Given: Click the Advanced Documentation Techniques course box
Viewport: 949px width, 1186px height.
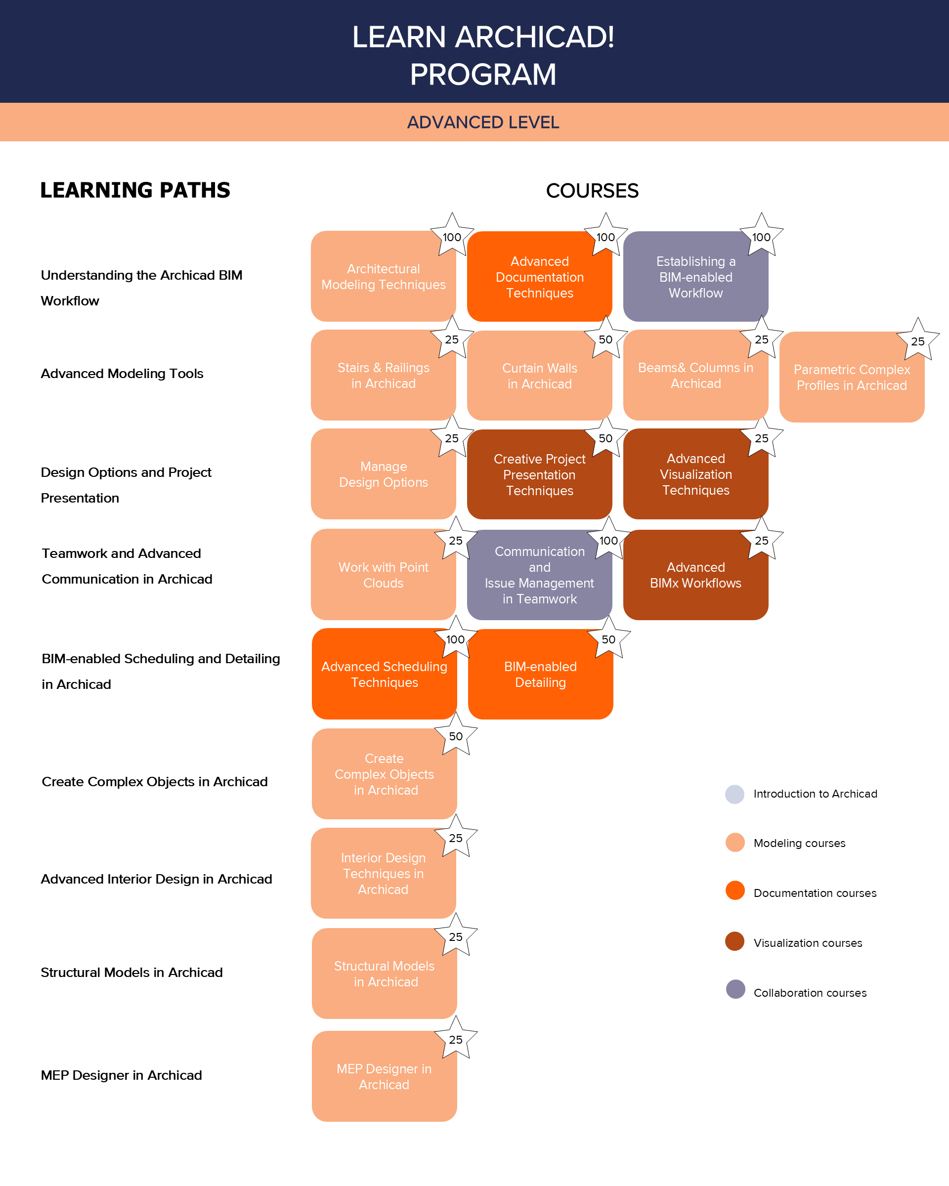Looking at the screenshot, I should pos(539,277).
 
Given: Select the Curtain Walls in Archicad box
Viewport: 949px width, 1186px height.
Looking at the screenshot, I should pos(539,376).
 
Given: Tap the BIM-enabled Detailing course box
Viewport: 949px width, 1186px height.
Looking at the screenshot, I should pos(540,675).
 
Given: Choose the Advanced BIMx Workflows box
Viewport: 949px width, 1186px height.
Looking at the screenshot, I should pos(695,575).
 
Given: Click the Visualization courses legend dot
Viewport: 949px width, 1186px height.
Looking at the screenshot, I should pos(734,942).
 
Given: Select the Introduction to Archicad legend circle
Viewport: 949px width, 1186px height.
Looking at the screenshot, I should pos(734,794).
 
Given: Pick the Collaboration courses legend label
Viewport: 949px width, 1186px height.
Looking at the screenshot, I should pos(810,993).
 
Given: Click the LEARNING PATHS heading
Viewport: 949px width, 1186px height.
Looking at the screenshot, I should pos(135,190).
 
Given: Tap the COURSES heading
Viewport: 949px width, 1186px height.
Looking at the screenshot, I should pos(592,191).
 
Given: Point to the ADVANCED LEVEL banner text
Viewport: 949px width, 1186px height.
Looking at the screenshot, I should pos(483,122).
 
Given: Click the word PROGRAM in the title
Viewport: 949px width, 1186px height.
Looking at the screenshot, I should pos(483,74).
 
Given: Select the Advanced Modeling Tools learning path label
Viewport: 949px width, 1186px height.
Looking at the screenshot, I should pos(122,374).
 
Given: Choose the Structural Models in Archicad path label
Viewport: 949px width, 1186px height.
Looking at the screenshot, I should pos(132,973).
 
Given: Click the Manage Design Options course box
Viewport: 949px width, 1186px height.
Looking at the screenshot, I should pos(384,474).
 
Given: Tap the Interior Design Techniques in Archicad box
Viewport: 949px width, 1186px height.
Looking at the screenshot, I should pos(384,874).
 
